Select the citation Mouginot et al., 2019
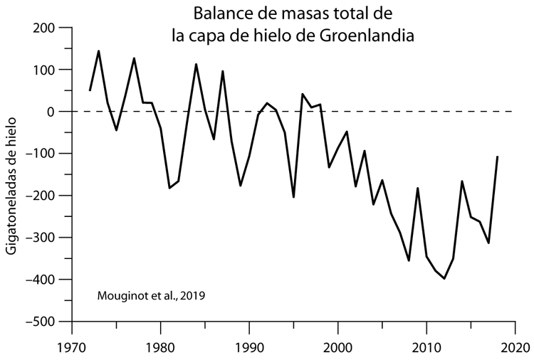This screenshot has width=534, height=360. click(150, 295)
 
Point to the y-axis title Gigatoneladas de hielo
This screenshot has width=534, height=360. click(12, 189)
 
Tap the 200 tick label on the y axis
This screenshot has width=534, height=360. click(44, 28)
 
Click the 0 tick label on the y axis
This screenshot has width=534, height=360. click(51, 112)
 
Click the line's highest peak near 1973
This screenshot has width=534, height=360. click(98, 51)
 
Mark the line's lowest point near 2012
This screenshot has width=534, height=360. click(444, 278)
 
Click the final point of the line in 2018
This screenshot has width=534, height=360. click(497, 157)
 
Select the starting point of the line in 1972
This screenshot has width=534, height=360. click(90, 90)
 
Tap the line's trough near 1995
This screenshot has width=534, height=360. click(293, 197)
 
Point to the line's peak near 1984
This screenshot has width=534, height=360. click(196, 64)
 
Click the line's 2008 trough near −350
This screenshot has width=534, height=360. click(409, 260)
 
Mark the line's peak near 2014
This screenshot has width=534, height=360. click(462, 181)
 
